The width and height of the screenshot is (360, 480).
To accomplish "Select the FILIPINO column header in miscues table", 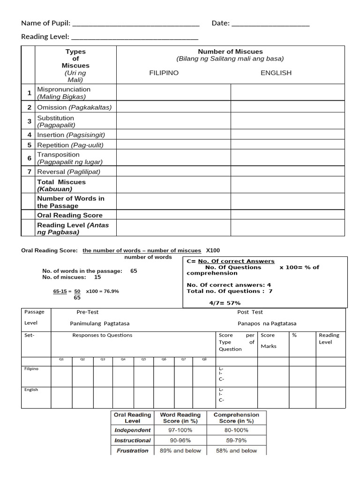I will (164, 73).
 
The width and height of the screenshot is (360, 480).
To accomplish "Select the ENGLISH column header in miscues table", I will (276, 73).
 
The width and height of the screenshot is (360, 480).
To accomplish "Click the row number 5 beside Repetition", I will (29, 145).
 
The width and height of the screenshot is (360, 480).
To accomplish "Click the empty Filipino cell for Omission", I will (173, 107).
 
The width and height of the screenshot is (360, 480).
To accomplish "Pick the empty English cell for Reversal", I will (287, 172).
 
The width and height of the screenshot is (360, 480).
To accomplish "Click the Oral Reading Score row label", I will (70, 215).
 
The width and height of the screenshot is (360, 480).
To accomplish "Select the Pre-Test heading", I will (88, 312).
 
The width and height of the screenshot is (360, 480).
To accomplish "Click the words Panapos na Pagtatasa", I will (267, 323).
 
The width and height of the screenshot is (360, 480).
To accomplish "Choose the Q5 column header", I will (143, 360).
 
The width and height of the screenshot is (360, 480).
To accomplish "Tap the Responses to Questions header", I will (102, 335).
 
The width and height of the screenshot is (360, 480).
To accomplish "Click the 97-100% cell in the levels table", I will (180, 430).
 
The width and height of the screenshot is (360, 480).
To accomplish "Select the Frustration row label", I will (132, 450).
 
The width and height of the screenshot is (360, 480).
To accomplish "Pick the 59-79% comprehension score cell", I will (236, 440).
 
